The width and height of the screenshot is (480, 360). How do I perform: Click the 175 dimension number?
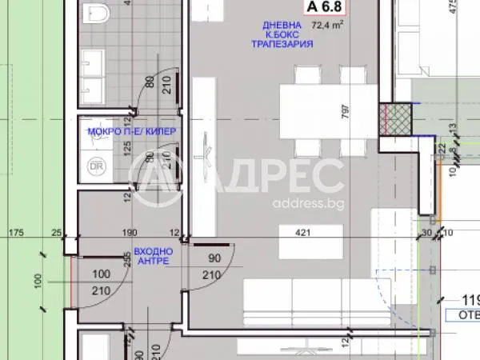(x=15, y=233)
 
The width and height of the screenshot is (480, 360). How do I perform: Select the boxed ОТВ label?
(x=467, y=314)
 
